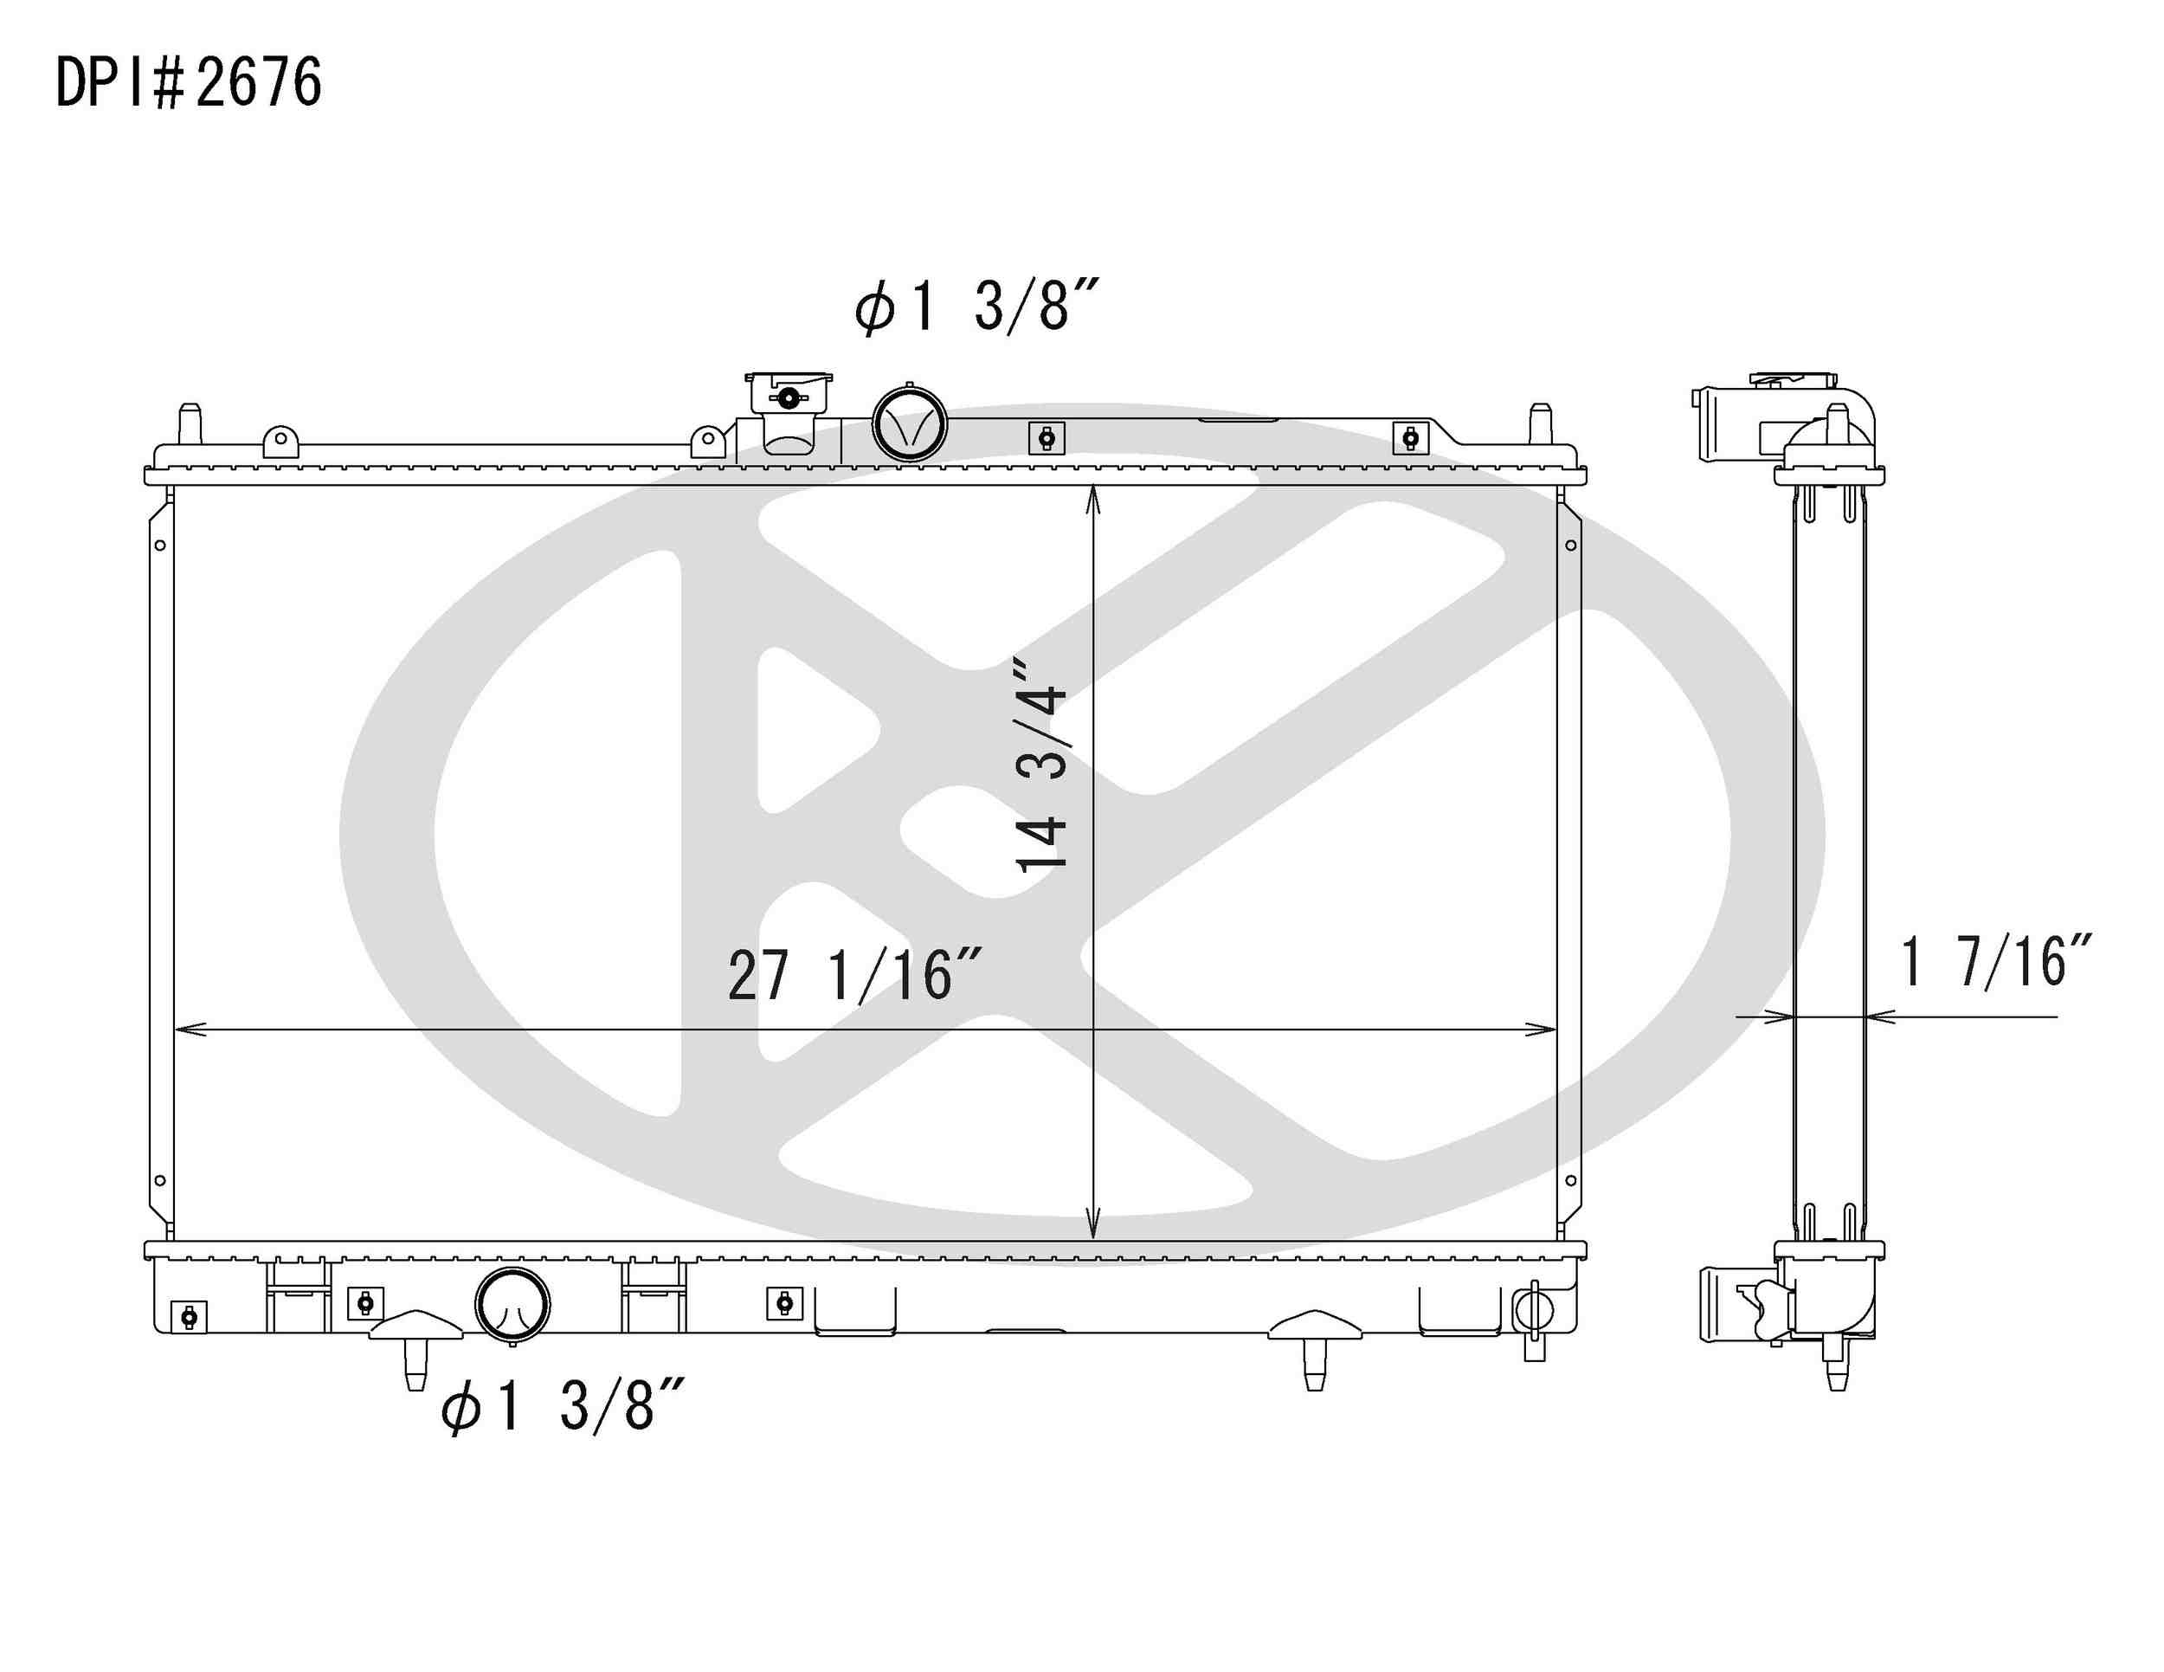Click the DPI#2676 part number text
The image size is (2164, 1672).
(188, 82)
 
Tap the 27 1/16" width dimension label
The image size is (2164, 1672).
(854, 975)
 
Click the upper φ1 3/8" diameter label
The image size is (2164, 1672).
(977, 306)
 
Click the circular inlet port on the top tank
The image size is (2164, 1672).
(909, 424)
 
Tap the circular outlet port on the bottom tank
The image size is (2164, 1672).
(512, 1305)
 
